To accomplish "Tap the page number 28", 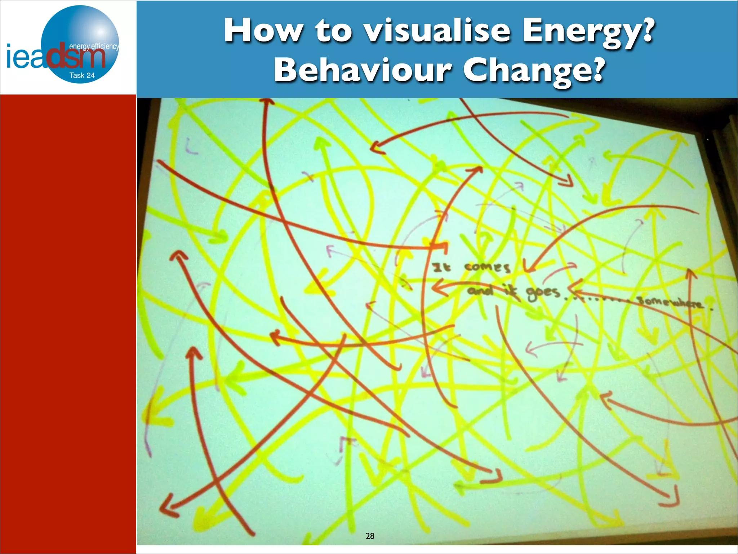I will click(370, 536).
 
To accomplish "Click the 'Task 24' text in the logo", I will click(82, 75).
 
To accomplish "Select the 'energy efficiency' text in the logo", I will click(94, 46).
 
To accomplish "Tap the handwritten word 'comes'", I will click(487, 268).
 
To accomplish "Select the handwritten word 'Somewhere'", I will click(670, 302).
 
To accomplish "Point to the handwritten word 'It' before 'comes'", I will click(441, 268).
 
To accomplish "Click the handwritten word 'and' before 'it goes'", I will click(480, 290).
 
